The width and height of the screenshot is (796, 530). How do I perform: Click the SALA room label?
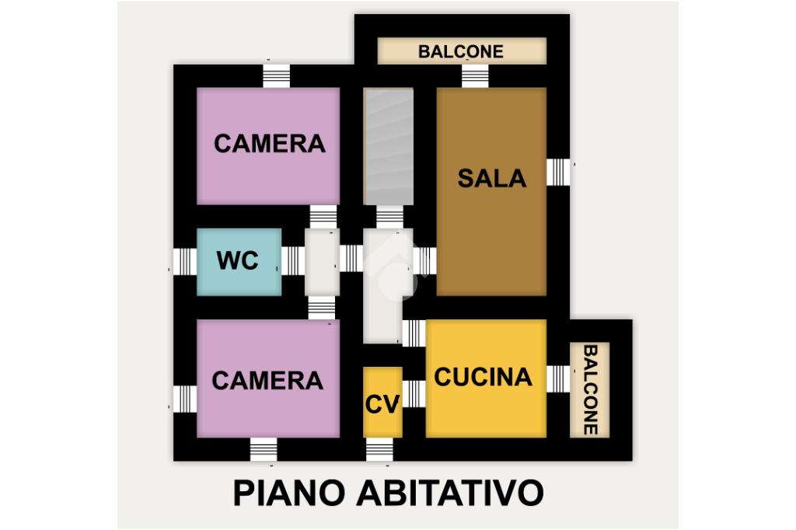click(491, 178)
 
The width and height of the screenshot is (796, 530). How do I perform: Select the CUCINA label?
click(483, 377)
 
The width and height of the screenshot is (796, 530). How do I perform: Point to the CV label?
click(382, 404)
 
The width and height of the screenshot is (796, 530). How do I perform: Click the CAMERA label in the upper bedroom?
click(269, 144)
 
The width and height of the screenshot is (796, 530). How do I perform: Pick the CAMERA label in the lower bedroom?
click(267, 380)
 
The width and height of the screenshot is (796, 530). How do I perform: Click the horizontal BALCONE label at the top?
click(461, 51)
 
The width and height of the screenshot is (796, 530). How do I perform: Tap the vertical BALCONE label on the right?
click(590, 390)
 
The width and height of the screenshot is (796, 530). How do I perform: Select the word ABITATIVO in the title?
click(450, 493)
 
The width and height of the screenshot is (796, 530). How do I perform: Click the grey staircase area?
click(389, 146)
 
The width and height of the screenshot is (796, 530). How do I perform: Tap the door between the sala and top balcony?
click(475, 76)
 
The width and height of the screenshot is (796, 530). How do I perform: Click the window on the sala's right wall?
click(558, 172)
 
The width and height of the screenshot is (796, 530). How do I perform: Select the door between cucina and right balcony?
click(558, 378)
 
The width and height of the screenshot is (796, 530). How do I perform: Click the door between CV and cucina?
click(414, 394)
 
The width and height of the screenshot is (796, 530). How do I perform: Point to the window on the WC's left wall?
click(185, 262)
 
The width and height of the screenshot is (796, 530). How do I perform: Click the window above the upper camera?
click(276, 76)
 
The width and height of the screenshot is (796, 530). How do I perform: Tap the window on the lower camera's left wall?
click(185, 399)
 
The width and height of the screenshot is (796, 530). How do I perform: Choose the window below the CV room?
click(379, 449)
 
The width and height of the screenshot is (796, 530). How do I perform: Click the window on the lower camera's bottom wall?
click(264, 449)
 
